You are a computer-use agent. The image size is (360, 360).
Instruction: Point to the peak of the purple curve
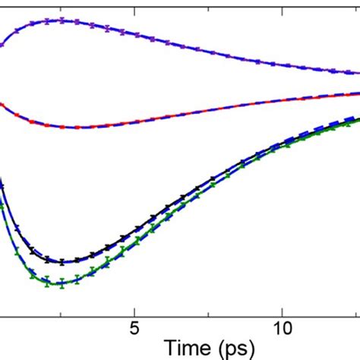tap(62, 21)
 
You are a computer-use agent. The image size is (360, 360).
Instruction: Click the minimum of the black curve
tap(62, 262)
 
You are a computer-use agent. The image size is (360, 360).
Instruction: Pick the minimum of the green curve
tap(62, 283)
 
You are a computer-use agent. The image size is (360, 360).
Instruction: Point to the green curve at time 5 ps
tap(134, 245)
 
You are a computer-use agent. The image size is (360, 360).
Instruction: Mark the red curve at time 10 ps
tap(282, 101)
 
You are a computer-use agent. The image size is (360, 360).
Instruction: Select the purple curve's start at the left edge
tap(2, 45)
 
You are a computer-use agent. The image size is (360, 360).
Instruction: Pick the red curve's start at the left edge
tap(2, 103)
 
